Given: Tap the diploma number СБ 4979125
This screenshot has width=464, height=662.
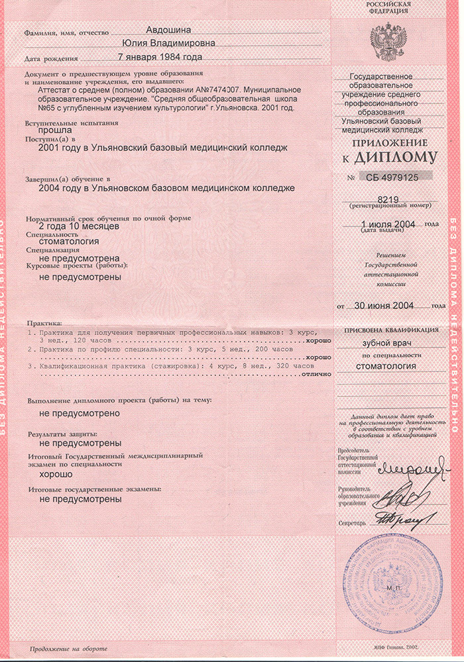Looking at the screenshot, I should tap(392, 177).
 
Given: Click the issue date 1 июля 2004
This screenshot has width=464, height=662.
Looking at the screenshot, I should tap(387, 225).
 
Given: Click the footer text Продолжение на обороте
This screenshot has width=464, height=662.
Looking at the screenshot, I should tap(67, 648).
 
